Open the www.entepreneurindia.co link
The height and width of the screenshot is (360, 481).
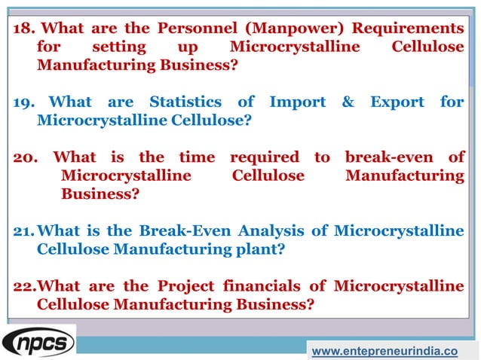coord(384,351)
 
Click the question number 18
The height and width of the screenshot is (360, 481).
coord(24,29)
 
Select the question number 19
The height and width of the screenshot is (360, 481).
coord(24,102)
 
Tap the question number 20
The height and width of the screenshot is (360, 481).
coord(26,157)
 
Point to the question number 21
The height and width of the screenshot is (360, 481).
coord(25,230)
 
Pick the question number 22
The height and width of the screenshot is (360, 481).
coord(25,286)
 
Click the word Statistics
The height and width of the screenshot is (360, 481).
coord(185,102)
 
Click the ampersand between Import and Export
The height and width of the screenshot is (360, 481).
coord(348,102)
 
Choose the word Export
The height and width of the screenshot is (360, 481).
coord(398,102)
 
